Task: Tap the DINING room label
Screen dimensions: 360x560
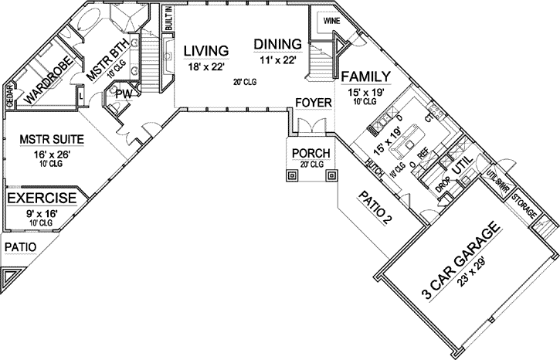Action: pyautogui.click(x=279, y=45)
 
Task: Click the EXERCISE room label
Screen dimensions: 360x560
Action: pyautogui.click(x=42, y=198)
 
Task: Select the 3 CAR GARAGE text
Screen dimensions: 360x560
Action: pyautogui.click(x=460, y=263)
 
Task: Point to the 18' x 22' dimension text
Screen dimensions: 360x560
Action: pyautogui.click(x=205, y=66)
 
